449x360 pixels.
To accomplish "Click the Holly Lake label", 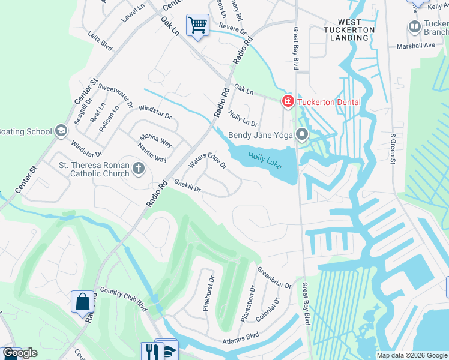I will pyautogui.click(x=265, y=161).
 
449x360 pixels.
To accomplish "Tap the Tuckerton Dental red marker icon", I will pyautogui.click(x=288, y=101).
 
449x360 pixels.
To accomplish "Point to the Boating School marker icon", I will pyautogui.click(x=61, y=131).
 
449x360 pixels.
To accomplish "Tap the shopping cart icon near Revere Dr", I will pyautogui.click(x=197, y=25).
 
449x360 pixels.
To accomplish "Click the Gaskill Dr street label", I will pyautogui.click(x=187, y=185).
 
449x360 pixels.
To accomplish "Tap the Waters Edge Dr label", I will pyautogui.click(x=207, y=161).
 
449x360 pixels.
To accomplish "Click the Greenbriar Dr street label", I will pyautogui.click(x=274, y=277).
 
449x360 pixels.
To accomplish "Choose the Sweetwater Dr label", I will pyautogui.click(x=115, y=95).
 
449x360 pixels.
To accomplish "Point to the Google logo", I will pyautogui.click(x=20, y=353).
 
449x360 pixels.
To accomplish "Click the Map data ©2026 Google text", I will pyautogui.click(x=411, y=355).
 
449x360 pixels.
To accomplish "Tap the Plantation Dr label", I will pyautogui.click(x=247, y=304).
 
